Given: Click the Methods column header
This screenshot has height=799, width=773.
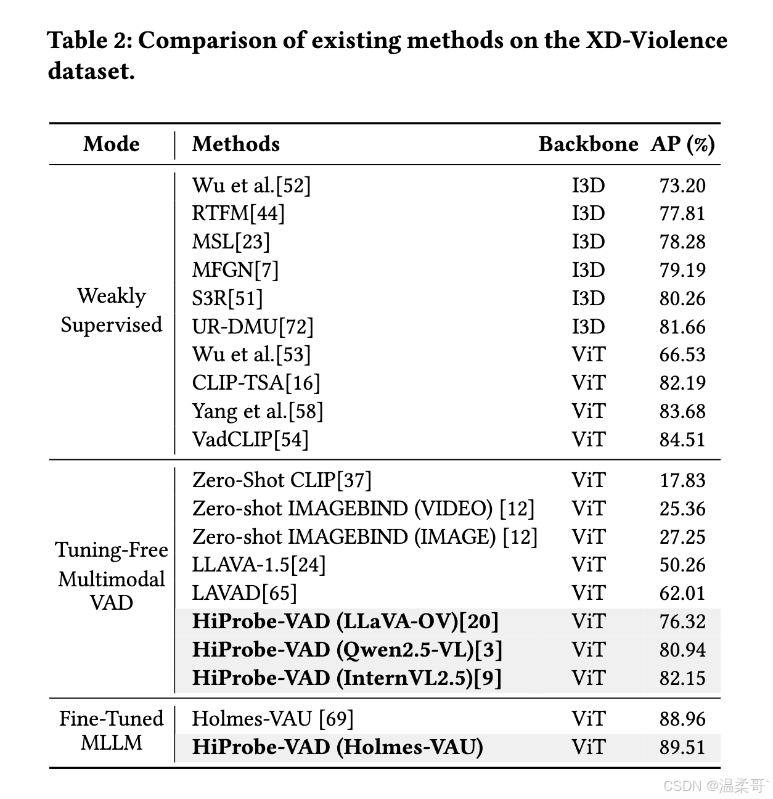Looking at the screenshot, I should pyautogui.click(x=235, y=144).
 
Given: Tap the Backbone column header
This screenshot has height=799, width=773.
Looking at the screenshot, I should pyautogui.click(x=588, y=144).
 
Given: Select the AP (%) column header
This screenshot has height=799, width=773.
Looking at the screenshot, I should pyautogui.click(x=682, y=144).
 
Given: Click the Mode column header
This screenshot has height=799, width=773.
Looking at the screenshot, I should pyautogui.click(x=112, y=144).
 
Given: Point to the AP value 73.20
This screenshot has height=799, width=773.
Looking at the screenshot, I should pyautogui.click(x=682, y=186).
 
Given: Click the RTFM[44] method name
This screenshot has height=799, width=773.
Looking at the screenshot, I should pyautogui.click(x=238, y=213).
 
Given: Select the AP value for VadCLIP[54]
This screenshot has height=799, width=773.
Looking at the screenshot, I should pyautogui.click(x=682, y=440).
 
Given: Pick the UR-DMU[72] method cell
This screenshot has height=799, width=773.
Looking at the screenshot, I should pyautogui.click(x=253, y=327).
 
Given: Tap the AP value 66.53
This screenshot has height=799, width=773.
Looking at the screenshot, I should pyautogui.click(x=682, y=354).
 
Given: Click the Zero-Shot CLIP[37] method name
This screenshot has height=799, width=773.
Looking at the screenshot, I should pyautogui.click(x=282, y=480).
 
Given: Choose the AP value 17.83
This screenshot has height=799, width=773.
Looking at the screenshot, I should pyautogui.click(x=682, y=480).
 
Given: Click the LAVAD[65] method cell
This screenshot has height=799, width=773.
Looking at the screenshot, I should pyautogui.click(x=244, y=593).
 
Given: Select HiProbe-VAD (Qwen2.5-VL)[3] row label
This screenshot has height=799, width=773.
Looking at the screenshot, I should pyautogui.click(x=347, y=650).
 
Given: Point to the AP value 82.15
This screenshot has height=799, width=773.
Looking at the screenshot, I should pyautogui.click(x=682, y=678).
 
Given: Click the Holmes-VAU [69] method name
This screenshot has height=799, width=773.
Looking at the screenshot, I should pyautogui.click(x=272, y=719).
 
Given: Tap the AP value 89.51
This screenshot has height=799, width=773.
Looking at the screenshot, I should pyautogui.click(x=682, y=747).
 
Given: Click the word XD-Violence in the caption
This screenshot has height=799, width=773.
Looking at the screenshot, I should pyautogui.click(x=656, y=41).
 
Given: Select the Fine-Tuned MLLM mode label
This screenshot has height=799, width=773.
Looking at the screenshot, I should pyautogui.click(x=112, y=731).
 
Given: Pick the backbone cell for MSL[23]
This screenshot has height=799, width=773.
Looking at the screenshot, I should pyautogui.click(x=588, y=242).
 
